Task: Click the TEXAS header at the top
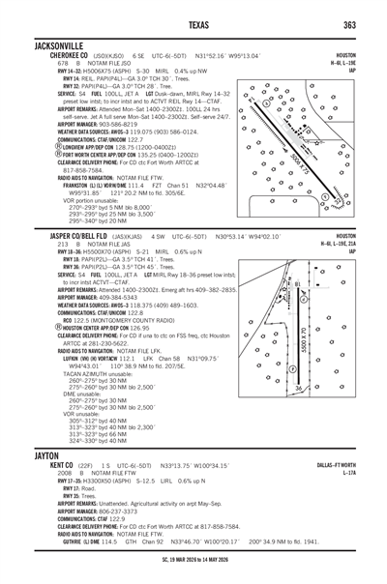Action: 193,24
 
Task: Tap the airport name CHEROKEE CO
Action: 44,55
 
